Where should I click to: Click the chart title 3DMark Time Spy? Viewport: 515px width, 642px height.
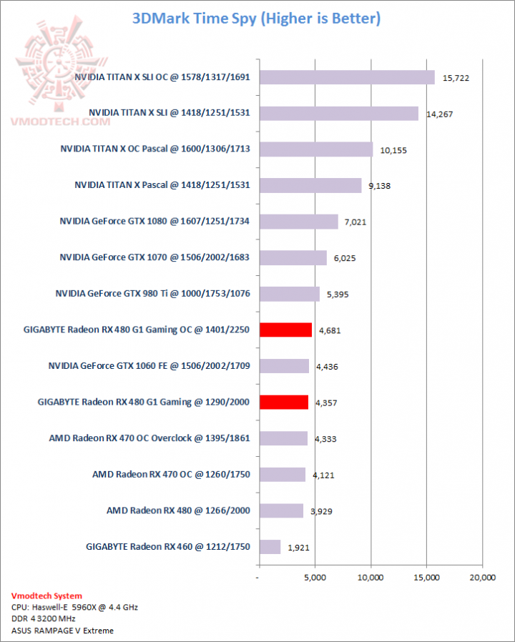[x=257, y=18]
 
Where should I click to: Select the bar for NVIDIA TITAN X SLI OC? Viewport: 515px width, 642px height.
[x=347, y=77]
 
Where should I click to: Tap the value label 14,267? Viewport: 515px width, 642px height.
[x=439, y=113]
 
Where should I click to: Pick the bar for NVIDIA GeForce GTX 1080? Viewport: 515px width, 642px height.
[x=298, y=222]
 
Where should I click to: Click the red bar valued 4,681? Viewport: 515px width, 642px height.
[x=285, y=330]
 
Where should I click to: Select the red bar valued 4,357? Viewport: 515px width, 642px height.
[x=283, y=402]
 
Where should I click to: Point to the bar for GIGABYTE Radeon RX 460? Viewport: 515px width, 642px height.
[x=270, y=547]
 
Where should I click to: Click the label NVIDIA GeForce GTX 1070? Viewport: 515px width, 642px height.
[x=154, y=257]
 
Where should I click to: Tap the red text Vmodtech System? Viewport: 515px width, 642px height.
[x=46, y=596]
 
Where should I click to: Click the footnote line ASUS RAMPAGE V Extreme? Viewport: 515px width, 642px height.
[x=62, y=631]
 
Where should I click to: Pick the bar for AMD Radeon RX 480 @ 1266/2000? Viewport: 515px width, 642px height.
[x=281, y=510]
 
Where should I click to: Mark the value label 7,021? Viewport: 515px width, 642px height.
[x=355, y=222]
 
